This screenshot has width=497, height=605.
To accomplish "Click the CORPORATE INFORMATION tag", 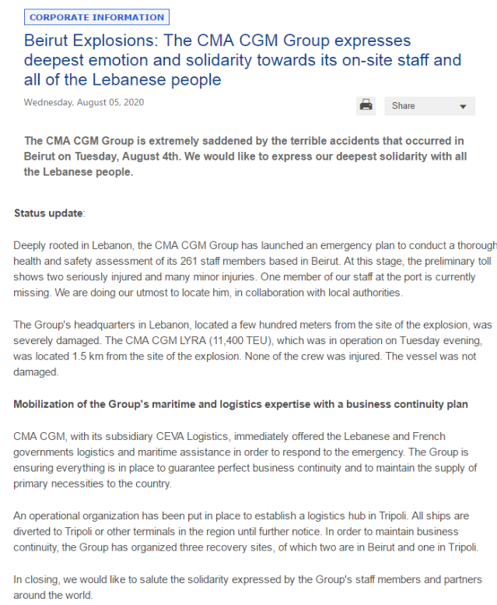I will point(96,17).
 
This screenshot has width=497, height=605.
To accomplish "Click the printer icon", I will point(366,105).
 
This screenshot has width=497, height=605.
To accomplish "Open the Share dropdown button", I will point(429,106).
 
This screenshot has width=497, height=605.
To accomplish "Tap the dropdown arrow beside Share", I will point(463,107).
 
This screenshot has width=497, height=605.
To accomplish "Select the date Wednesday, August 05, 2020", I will point(83,102).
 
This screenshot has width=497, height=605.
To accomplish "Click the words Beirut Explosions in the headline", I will point(86,40).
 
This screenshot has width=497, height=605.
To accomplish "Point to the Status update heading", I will point(48,213).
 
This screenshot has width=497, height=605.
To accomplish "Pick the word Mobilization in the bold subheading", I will point(47,404).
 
